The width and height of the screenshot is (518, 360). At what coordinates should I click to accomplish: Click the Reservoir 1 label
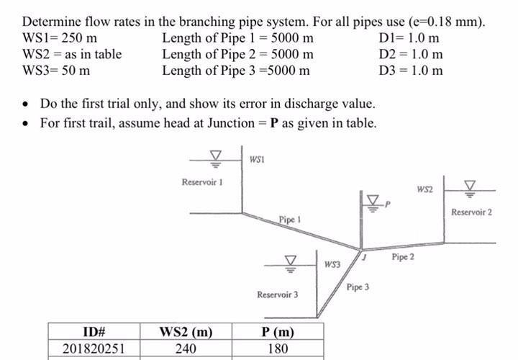click(x=205, y=182)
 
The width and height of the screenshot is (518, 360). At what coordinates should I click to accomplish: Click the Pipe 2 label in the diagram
click(x=403, y=256)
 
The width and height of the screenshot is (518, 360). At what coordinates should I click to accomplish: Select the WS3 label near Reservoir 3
click(x=331, y=265)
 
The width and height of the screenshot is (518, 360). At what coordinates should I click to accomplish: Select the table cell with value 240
click(x=185, y=348)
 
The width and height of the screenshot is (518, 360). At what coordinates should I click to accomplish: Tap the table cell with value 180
click(x=277, y=348)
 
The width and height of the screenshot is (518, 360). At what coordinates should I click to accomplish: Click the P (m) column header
click(x=277, y=332)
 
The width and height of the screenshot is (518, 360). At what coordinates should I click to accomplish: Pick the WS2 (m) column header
click(x=185, y=332)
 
